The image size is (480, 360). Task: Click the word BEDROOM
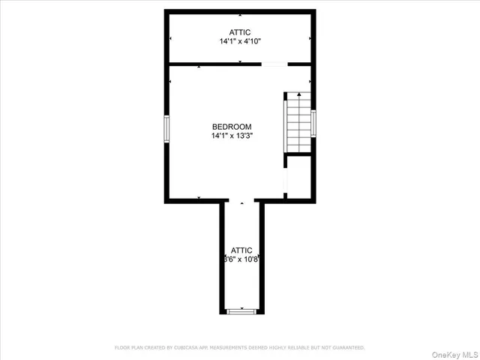click(232, 127)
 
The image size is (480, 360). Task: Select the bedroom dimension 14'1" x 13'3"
click(232, 136)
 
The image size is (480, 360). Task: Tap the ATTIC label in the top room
click(240, 32)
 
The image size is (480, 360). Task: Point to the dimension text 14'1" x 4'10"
click(240, 42)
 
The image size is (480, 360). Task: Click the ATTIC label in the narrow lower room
click(241, 250)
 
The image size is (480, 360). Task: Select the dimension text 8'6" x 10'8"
click(241, 259)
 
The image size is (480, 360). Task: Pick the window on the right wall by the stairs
click(313, 124)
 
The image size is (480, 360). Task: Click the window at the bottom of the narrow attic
click(241, 311)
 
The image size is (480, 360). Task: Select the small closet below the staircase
click(298, 176)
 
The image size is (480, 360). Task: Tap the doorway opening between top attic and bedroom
click(274, 64)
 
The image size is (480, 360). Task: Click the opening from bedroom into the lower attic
click(241, 201)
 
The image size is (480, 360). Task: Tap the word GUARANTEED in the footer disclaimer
click(346, 347)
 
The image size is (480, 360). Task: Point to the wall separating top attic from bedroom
click(210, 64)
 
